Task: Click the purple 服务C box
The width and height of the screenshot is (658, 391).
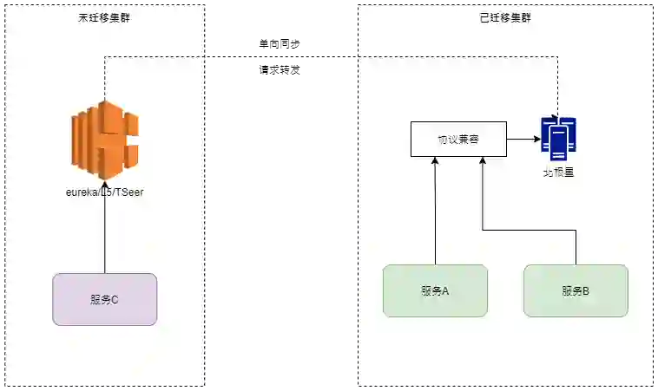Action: pyautogui.click(x=104, y=299)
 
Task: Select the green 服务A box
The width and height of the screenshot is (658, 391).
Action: pyautogui.click(x=435, y=290)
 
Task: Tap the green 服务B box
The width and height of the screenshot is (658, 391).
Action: pyautogui.click(x=576, y=290)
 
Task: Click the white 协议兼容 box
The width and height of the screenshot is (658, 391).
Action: pyautogui.click(x=458, y=139)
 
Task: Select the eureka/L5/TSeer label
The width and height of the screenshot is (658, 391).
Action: pyautogui.click(x=104, y=192)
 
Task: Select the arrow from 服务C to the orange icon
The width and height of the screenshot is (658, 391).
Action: pyautogui.click(x=104, y=230)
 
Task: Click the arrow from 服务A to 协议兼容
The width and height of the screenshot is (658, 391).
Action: pyautogui.click(x=435, y=212)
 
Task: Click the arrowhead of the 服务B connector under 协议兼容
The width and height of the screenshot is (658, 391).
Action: pyautogui.click(x=482, y=162)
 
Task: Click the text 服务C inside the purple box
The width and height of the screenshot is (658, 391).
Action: pyautogui.click(x=104, y=300)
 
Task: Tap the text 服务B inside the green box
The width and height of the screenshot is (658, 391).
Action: pyautogui.click(x=576, y=291)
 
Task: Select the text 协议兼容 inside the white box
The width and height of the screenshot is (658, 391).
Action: pyautogui.click(x=458, y=139)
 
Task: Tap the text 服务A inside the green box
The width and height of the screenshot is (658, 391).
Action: pyautogui.click(x=435, y=291)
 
